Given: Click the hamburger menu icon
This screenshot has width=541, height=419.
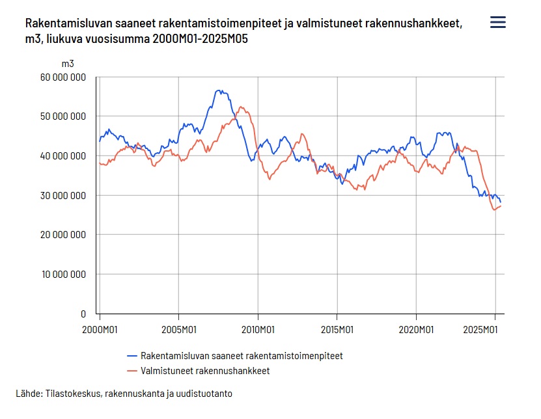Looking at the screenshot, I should point(497,23).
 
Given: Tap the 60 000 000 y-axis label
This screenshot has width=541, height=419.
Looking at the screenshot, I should point(63,77).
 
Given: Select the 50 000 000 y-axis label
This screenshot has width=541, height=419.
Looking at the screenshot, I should point(63,116).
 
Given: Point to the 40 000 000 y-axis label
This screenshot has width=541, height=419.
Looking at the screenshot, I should point(63,156).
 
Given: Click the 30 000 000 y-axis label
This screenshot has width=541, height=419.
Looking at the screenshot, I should point(63,195).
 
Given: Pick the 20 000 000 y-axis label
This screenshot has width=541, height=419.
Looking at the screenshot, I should point(63,235).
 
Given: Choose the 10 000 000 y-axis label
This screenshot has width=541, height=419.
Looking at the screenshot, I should point(63,274).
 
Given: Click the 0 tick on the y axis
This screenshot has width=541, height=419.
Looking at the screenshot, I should point(83,314).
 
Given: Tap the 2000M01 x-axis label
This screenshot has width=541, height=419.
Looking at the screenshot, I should point(100,329).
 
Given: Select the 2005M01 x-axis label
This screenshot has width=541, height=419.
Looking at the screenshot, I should point(179,329).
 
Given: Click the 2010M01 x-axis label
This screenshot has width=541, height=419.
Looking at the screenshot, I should point(258,329).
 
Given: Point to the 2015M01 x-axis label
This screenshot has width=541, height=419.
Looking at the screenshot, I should point(337,329).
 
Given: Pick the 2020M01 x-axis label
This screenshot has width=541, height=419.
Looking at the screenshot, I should point(417,329).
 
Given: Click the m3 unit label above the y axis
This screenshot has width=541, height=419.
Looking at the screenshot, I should point(68,64).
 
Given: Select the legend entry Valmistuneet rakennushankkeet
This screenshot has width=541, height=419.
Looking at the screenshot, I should point(204,371).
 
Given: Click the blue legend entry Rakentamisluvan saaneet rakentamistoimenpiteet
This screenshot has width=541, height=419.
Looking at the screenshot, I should point(241,356).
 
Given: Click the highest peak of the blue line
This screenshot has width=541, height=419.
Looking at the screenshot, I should point(219,90).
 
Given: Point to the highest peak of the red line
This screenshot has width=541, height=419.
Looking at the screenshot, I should point(241,107).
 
